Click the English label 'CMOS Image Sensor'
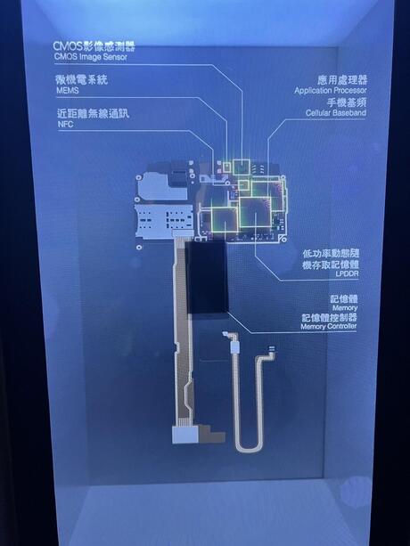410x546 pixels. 91,57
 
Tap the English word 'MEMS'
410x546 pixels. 67,91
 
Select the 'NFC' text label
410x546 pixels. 65,125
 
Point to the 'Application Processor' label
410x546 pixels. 331,91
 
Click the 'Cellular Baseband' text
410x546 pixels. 336,113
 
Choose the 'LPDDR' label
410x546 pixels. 347,274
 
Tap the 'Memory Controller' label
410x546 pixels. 329,326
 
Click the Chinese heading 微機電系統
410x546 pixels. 82,80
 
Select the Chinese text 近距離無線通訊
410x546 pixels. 93,113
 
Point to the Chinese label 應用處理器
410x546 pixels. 342,80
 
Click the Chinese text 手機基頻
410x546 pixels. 346,102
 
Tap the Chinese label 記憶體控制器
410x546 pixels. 329,317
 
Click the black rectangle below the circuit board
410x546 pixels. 207,277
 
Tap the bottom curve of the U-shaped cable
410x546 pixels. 248,448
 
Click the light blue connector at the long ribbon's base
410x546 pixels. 185,436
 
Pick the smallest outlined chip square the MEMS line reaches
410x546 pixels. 227,167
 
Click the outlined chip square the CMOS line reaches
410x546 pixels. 242,167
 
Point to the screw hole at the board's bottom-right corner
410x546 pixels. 283,240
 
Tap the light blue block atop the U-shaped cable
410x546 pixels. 235,347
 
